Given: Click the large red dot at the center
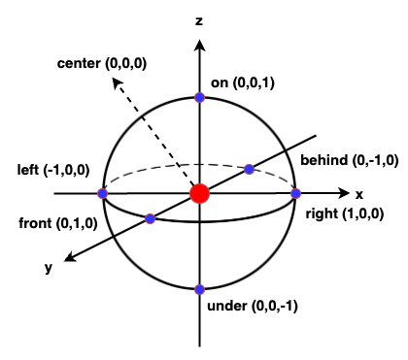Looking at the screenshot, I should [199, 193].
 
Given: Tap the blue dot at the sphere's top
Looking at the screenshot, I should [199, 97].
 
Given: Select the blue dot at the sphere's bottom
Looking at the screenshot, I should [199, 289].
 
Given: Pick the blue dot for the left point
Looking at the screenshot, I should [103, 193].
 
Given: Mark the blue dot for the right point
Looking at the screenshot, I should [296, 193].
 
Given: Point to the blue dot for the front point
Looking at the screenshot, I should [150, 218].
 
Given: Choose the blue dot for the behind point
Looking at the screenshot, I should [250, 169].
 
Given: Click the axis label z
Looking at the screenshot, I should [198, 19].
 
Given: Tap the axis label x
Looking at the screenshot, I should [358, 194].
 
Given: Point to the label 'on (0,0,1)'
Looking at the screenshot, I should [243, 83].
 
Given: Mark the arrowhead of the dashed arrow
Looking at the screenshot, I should [115, 84].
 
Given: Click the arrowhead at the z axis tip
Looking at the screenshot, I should [199, 43].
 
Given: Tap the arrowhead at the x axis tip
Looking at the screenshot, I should [342, 193].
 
